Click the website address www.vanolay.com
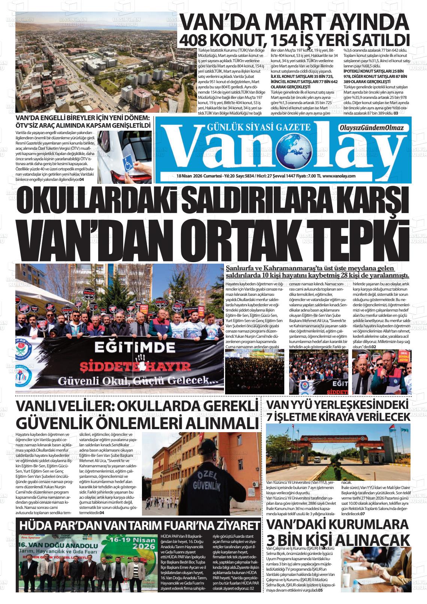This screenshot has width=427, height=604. click(x=339, y=176)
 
